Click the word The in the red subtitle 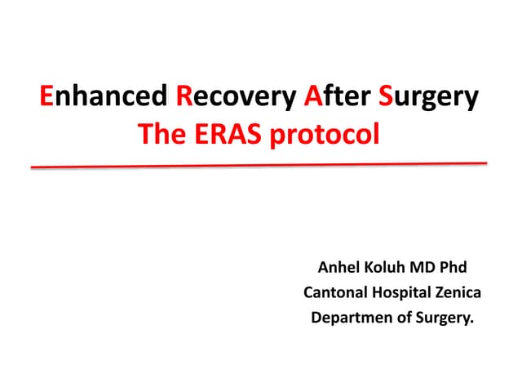point(161,134)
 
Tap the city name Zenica point(456,292)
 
